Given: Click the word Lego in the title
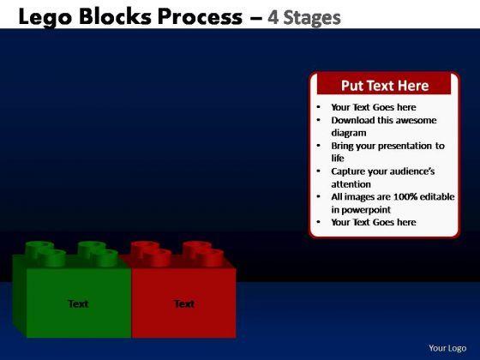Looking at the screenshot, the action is click(x=45, y=18).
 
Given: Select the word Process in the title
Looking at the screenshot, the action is click(x=200, y=16).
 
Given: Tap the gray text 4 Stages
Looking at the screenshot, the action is click(x=304, y=18).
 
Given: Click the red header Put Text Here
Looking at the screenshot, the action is click(x=385, y=86).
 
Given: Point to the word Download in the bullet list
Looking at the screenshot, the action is click(x=353, y=120).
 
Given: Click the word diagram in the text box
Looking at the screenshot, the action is click(x=349, y=133).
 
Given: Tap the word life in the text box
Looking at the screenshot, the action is click(x=338, y=158).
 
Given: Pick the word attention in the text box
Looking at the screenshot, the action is click(x=351, y=184).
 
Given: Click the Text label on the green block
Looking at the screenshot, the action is click(x=78, y=303).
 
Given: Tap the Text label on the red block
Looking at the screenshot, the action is click(x=184, y=303).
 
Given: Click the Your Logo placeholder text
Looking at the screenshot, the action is click(x=447, y=348).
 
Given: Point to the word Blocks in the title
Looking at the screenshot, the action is click(x=115, y=16).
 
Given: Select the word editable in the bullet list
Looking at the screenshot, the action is click(x=437, y=196).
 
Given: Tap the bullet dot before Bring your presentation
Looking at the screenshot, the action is click(x=319, y=146).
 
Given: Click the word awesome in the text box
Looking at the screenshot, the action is click(x=420, y=120).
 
